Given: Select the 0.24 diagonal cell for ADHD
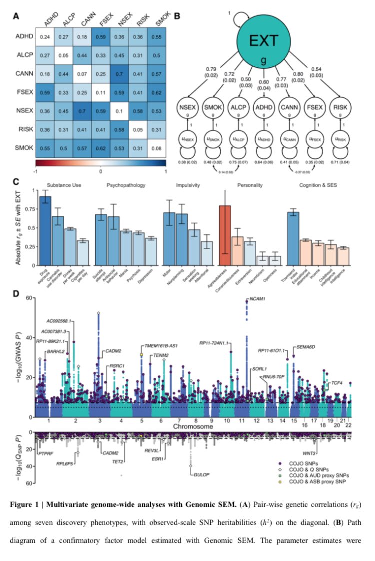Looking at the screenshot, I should coord(45,36).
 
